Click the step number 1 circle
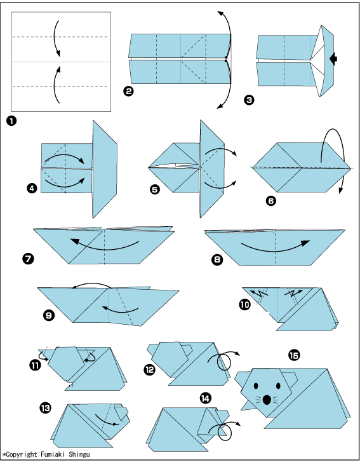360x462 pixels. (11, 121)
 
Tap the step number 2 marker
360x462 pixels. (128, 92)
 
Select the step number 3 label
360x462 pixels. (249, 100)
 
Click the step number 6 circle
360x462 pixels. (271, 201)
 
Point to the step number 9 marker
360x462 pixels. (48, 316)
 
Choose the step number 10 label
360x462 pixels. (244, 304)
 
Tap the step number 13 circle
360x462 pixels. (45, 408)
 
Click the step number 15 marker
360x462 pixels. (294, 356)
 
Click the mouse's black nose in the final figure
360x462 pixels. (267, 400)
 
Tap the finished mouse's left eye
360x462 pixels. (255, 386)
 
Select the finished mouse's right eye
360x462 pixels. (278, 386)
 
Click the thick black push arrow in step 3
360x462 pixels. (333, 58)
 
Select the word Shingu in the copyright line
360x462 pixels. (79, 454)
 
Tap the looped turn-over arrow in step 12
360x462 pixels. (224, 360)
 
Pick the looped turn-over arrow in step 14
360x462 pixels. (225, 431)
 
